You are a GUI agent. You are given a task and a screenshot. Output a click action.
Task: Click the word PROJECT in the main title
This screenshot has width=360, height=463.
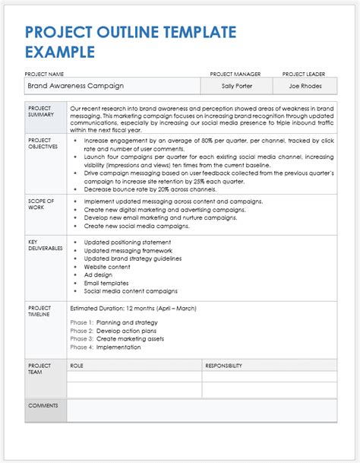point(56,33)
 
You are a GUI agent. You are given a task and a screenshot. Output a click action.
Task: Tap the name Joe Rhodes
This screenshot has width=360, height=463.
point(304,86)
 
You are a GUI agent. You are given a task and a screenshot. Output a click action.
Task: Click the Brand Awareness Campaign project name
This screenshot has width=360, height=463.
point(76,86)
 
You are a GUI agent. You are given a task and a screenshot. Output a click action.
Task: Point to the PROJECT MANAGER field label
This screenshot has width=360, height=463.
point(235,74)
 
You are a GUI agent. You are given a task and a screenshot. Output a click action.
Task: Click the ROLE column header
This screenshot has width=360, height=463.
point(77,366)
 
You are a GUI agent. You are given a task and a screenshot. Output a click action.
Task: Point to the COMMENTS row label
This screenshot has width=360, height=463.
point(43,405)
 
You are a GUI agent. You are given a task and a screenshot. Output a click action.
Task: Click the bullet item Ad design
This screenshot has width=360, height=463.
point(99,274)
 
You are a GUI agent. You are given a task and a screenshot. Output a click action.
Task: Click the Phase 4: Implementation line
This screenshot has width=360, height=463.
point(106,347)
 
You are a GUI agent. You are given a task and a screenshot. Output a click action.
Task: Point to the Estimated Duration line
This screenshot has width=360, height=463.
point(133,309)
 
